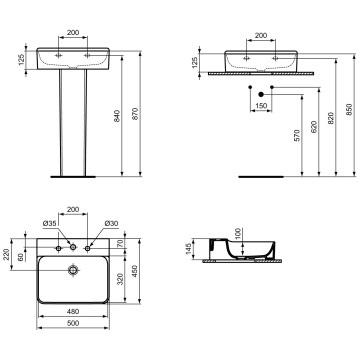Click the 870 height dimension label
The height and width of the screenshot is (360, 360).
(x=135, y=114)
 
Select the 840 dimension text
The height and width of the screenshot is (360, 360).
(x=117, y=116)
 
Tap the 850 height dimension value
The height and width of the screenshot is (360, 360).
(x=349, y=109)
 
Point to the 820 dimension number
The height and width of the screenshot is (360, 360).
(x=331, y=118)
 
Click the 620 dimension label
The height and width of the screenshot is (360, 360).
(x=314, y=127)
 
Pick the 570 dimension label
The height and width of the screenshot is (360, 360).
(x=297, y=135)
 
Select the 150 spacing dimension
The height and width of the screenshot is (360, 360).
(x=261, y=106)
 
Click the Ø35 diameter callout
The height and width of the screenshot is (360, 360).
(x=49, y=224)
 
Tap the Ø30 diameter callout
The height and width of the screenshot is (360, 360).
(x=111, y=224)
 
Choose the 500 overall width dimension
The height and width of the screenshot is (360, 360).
(x=73, y=323)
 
